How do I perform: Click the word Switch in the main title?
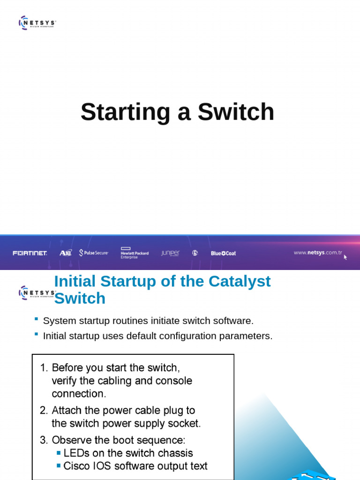point(236,112)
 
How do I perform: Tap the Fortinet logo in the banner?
point(30,253)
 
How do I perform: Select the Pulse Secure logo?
point(94,253)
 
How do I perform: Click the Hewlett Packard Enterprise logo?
point(135,253)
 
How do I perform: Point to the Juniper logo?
point(170,253)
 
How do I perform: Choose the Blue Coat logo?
point(223,253)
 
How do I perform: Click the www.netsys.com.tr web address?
point(317,253)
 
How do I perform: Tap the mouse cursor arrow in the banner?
point(345,257)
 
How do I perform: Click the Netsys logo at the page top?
point(37,22)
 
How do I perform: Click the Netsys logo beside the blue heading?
point(37,292)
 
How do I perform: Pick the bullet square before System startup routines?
point(36,319)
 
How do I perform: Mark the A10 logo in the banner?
point(66,253)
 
